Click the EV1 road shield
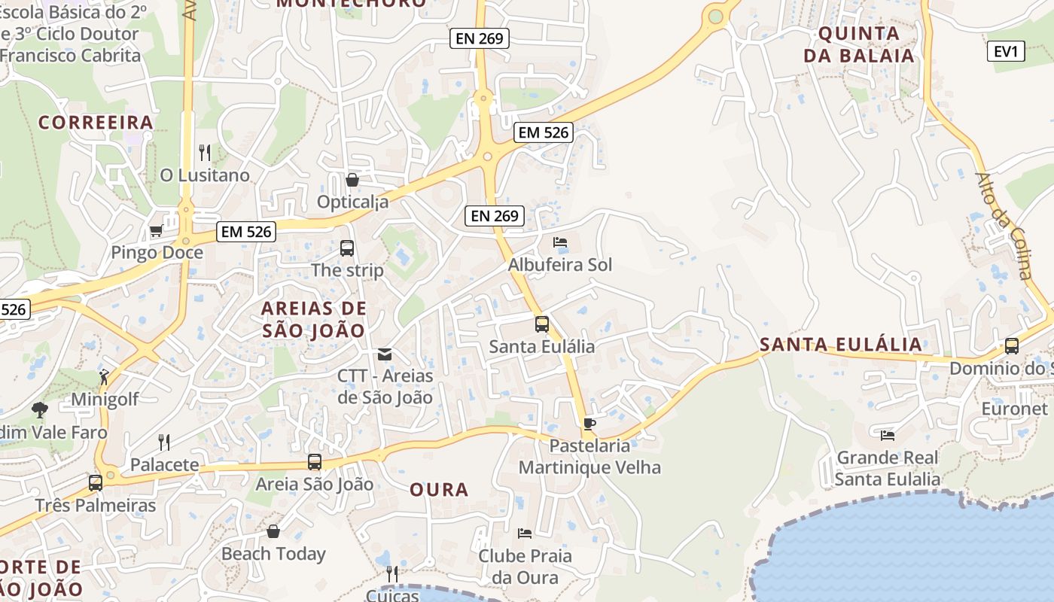pyautogui.click(x=1006, y=52)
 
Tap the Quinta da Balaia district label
pyautogui.click(x=859, y=44)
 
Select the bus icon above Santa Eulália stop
pyautogui.click(x=542, y=324)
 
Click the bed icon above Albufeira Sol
pyautogui.click(x=560, y=242)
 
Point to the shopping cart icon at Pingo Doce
pyautogui.click(x=156, y=230)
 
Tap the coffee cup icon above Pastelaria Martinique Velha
pyautogui.click(x=589, y=424)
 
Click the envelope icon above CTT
pyautogui.click(x=385, y=354)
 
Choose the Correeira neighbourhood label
pyautogui.click(x=96, y=122)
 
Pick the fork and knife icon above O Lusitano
pyautogui.click(x=205, y=153)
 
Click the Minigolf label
pyautogui.click(x=105, y=399)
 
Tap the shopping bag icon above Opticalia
pyautogui.click(x=352, y=180)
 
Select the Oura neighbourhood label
pyautogui.click(x=439, y=490)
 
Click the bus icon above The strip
pyautogui.click(x=347, y=248)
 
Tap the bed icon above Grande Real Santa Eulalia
pyautogui.click(x=888, y=435)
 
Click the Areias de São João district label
pyautogui.click(x=314, y=319)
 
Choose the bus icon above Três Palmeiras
pyautogui.click(x=96, y=483)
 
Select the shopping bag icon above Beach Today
pyautogui.click(x=273, y=531)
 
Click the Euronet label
pyautogui.click(x=1014, y=409)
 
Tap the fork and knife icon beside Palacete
pyautogui.click(x=164, y=442)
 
